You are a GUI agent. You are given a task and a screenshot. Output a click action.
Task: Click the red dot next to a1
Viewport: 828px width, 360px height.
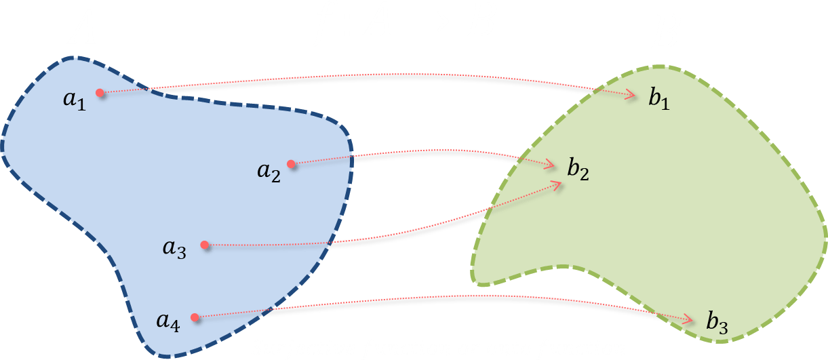100,93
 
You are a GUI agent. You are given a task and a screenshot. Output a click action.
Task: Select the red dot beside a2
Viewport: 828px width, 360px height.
291,163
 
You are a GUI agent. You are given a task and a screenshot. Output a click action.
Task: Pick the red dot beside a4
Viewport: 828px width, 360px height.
195,317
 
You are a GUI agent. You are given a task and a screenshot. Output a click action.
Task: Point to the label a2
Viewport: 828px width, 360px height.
269,172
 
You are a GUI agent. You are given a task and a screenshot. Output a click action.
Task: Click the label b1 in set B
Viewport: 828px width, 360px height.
658,99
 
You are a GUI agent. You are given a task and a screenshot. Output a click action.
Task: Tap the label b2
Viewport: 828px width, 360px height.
578,169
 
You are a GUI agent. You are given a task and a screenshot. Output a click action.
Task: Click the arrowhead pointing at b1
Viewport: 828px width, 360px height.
631,96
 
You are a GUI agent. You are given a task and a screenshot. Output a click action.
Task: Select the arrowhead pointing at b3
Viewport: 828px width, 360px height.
688,319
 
